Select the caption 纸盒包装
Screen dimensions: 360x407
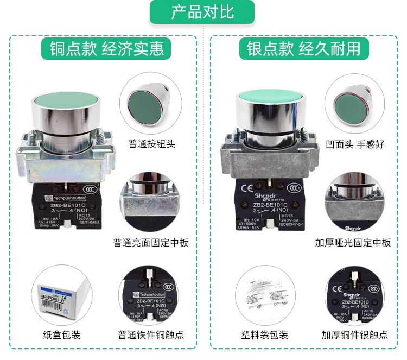(61, 335)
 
